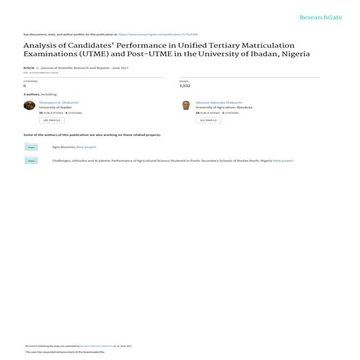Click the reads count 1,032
[x=185, y=85]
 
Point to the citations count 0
[x=25, y=85]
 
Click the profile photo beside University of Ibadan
[x=30, y=105]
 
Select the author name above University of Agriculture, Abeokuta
[x=216, y=103]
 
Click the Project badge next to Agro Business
[x=31, y=146]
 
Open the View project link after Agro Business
[x=86, y=146]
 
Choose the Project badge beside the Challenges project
[x=31, y=160]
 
